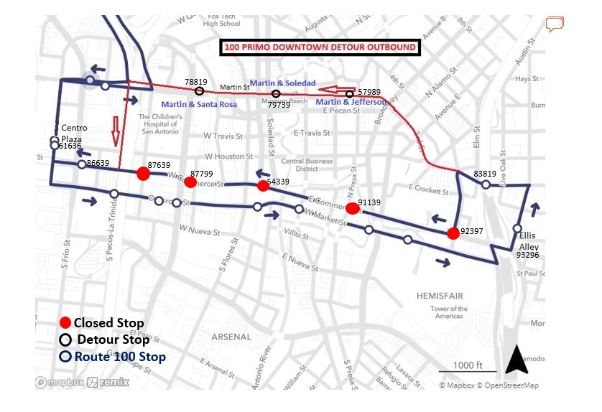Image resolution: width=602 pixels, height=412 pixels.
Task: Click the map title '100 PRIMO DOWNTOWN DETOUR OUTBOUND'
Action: (x=320, y=48)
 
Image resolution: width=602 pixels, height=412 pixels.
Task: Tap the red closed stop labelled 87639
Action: (x=143, y=173)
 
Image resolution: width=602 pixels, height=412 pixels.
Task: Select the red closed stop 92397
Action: (x=453, y=233)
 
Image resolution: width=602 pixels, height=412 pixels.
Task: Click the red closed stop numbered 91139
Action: (x=352, y=209)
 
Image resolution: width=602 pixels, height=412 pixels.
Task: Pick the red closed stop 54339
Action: (x=263, y=186)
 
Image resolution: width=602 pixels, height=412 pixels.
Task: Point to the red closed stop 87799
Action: (x=190, y=182)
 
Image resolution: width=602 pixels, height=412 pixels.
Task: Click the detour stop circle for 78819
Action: (x=200, y=91)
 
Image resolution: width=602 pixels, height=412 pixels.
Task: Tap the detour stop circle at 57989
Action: (x=350, y=94)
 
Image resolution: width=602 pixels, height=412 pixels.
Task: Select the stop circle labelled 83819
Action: (x=486, y=184)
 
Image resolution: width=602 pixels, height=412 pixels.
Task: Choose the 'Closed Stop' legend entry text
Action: (x=108, y=323)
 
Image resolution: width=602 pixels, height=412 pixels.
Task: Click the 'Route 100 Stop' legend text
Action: (x=121, y=357)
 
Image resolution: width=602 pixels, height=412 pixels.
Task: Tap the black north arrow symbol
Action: (x=517, y=359)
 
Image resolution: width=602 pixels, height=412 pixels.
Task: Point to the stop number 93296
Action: (x=528, y=254)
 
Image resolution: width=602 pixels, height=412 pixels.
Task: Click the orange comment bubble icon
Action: (x=555, y=25)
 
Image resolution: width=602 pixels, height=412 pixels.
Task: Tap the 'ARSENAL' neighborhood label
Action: (x=232, y=337)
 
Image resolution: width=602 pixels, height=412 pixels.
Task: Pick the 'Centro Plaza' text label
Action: (x=74, y=133)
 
